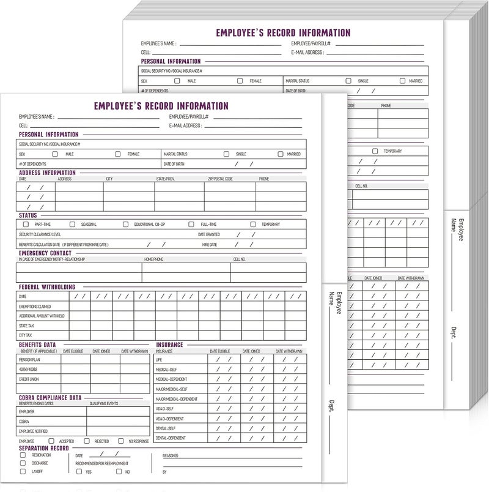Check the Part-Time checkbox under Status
26,225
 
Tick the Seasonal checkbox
72,225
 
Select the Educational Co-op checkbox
126,225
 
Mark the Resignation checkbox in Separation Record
23,455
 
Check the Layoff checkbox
23,471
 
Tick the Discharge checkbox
23,463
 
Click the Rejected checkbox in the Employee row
89,441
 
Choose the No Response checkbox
122,441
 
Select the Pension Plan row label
30,360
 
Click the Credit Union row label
30,380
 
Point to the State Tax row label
26,326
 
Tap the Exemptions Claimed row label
35,306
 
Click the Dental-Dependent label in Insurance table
171,438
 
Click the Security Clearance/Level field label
40,234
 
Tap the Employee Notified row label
34,431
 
